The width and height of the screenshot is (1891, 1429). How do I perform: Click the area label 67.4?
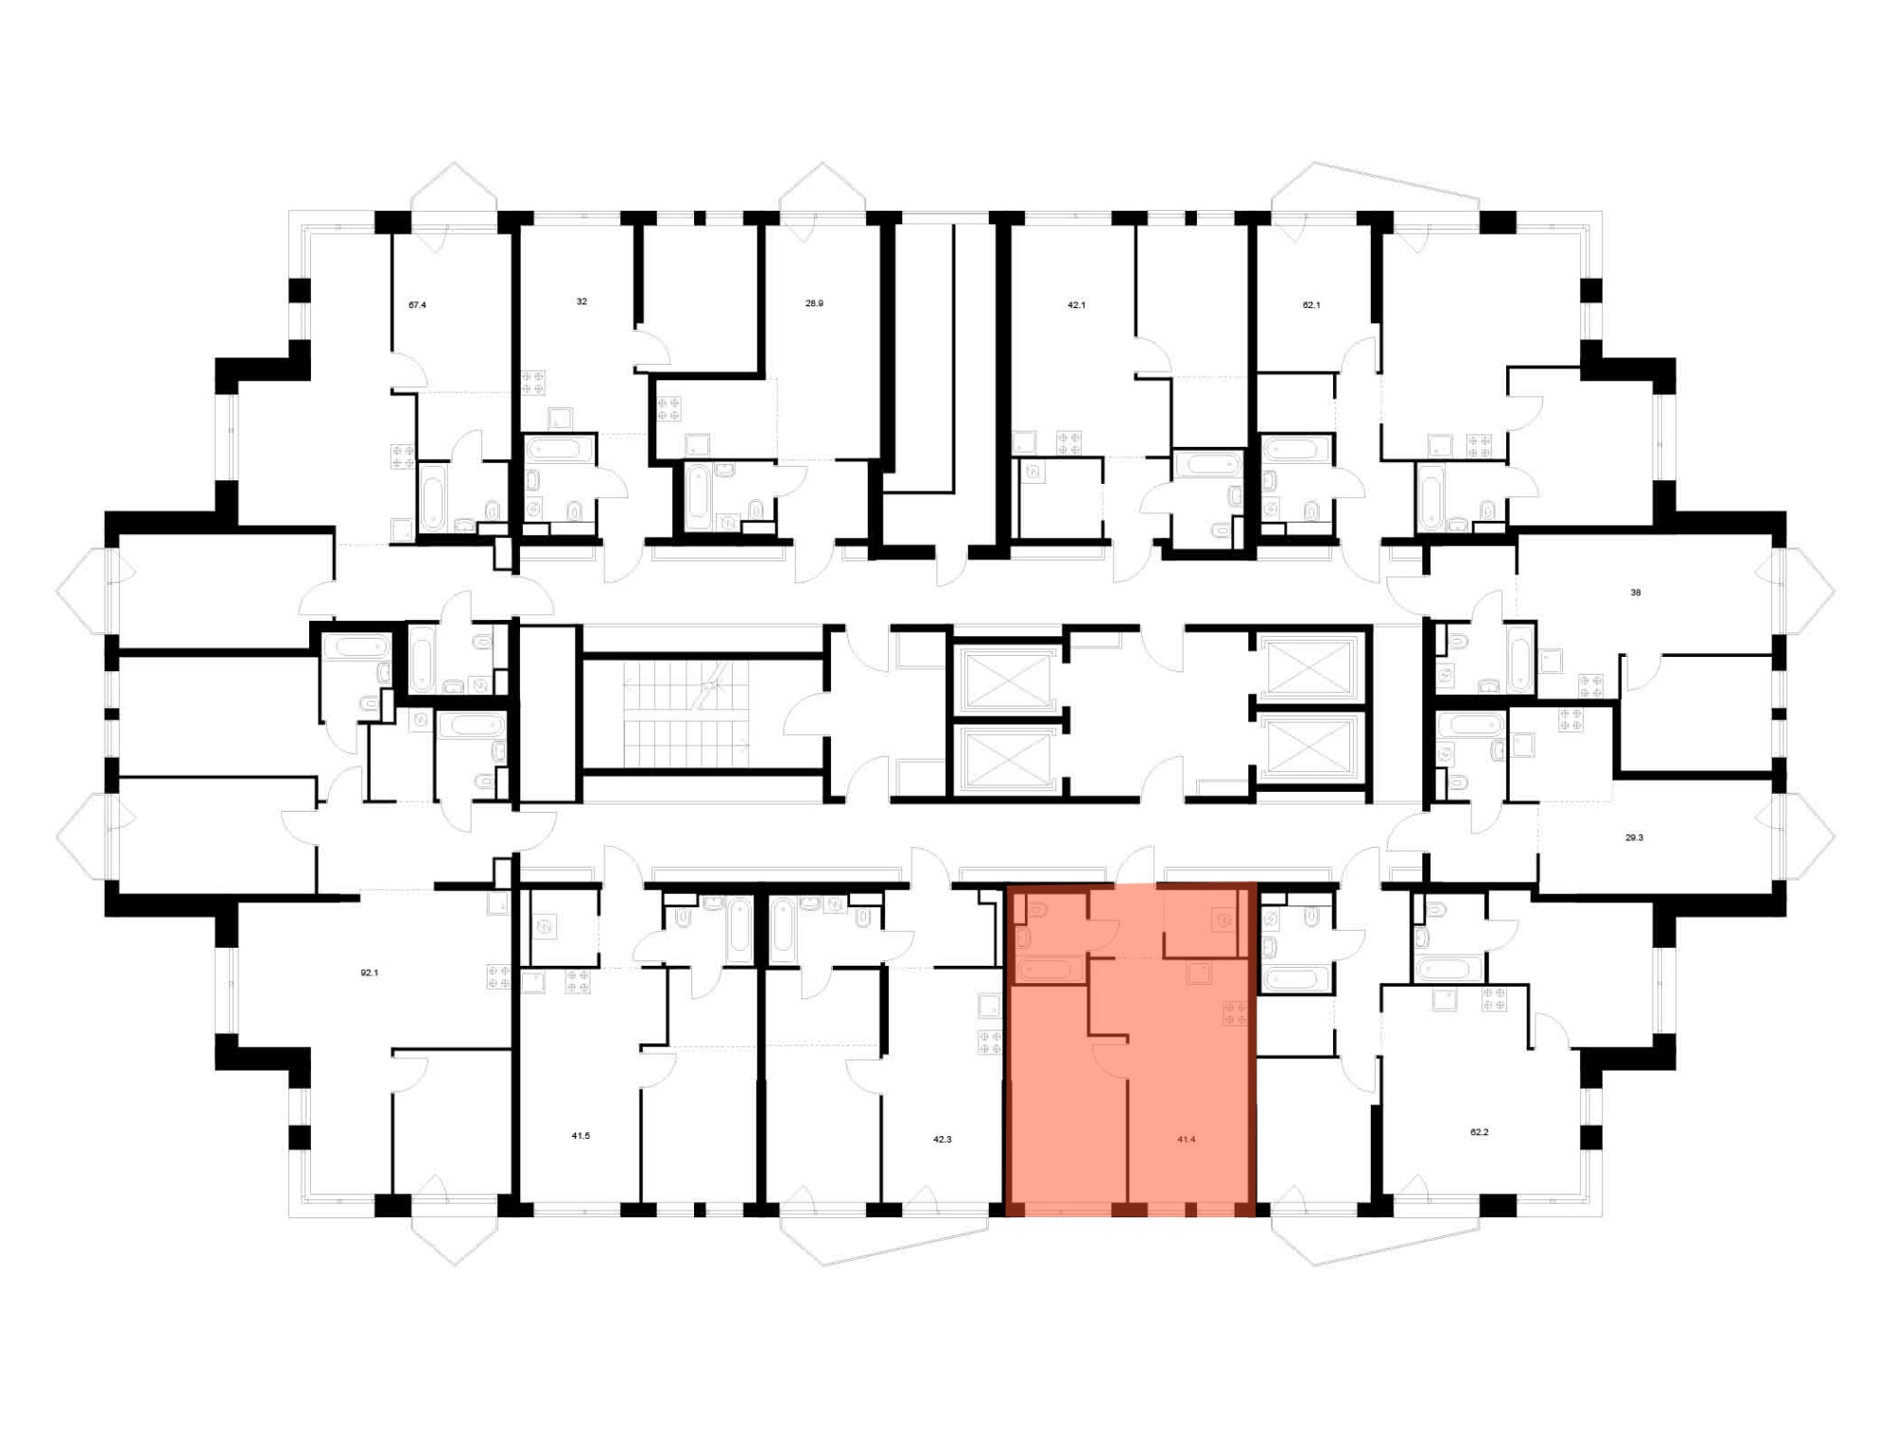(417, 305)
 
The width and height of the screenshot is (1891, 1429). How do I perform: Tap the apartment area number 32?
(581, 301)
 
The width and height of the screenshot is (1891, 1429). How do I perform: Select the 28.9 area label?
(814, 303)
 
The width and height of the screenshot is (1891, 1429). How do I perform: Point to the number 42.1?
(1076, 305)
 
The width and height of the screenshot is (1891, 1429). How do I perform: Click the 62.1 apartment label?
(1311, 305)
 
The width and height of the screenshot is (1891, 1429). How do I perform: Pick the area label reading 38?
(1636, 593)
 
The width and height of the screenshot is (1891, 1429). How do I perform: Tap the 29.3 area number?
(1634, 837)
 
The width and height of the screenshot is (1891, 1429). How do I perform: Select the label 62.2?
(1480, 1131)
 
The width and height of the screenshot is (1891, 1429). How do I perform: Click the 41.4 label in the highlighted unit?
(1187, 1140)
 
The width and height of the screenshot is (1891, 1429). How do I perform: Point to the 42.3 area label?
(943, 1140)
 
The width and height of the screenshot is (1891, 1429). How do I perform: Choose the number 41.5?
(581, 1136)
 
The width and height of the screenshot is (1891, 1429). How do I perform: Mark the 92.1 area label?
(370, 973)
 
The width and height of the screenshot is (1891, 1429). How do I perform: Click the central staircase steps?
(685, 714)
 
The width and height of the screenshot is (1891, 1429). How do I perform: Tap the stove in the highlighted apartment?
(1236, 1013)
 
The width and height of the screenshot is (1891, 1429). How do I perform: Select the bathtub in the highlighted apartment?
(1049, 970)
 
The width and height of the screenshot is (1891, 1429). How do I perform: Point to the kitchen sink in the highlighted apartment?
(1200, 973)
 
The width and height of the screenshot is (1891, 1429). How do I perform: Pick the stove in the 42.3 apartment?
(990, 1042)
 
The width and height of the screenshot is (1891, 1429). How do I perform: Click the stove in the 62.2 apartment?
(1494, 998)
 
